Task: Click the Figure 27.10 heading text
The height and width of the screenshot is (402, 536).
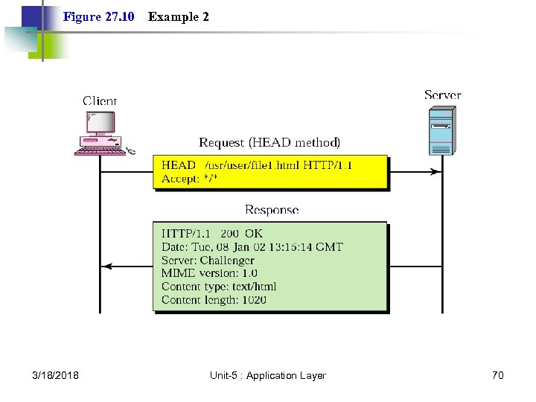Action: (98, 16)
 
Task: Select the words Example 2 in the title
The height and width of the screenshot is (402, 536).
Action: (178, 16)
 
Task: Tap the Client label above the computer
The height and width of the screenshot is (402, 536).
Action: (100, 100)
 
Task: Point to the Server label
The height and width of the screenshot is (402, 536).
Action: (442, 95)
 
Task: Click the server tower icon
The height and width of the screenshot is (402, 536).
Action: (441, 130)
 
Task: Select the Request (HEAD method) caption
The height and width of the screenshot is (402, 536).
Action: (269, 142)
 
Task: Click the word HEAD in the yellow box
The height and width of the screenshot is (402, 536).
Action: (179, 165)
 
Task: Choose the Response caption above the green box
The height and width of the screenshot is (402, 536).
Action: (271, 210)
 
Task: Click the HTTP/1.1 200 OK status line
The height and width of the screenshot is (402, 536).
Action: (212, 234)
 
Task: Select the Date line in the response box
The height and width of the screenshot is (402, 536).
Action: (252, 247)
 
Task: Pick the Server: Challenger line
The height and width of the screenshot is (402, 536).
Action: (208, 261)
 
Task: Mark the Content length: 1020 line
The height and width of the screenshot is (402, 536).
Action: (214, 300)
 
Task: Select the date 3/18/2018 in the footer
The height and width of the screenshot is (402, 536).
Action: (56, 375)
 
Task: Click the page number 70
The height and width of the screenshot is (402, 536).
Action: (497, 375)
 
